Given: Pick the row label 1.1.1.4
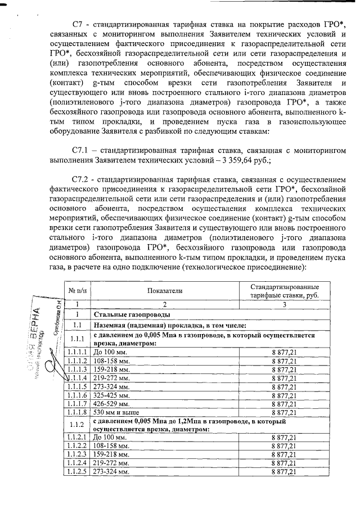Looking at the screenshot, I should coord(76,379).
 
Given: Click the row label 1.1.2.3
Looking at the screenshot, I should coord(76,454).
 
